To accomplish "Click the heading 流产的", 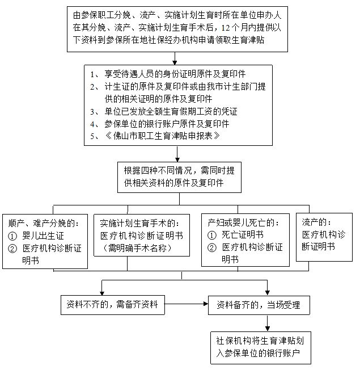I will tap(316, 222).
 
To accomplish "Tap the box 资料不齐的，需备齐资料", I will tap(113, 306).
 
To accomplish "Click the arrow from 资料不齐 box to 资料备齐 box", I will tap(187, 306).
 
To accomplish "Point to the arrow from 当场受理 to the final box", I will tap(265, 323).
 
